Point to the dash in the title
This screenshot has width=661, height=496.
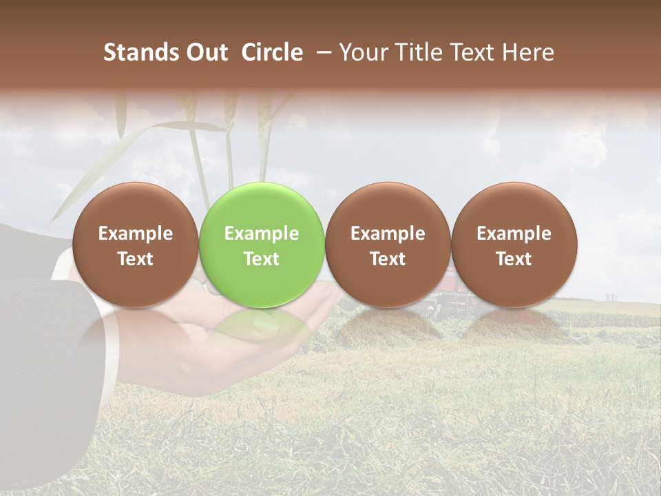pos(321,52)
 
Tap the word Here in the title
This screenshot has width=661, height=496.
pos(526,52)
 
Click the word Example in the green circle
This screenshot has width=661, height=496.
pos(262,234)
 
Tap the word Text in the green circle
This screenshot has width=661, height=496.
pos(262,259)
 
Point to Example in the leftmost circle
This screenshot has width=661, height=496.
pos(135,234)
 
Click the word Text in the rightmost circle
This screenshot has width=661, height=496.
pos(514,259)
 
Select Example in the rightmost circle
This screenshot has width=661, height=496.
pos(514,234)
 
